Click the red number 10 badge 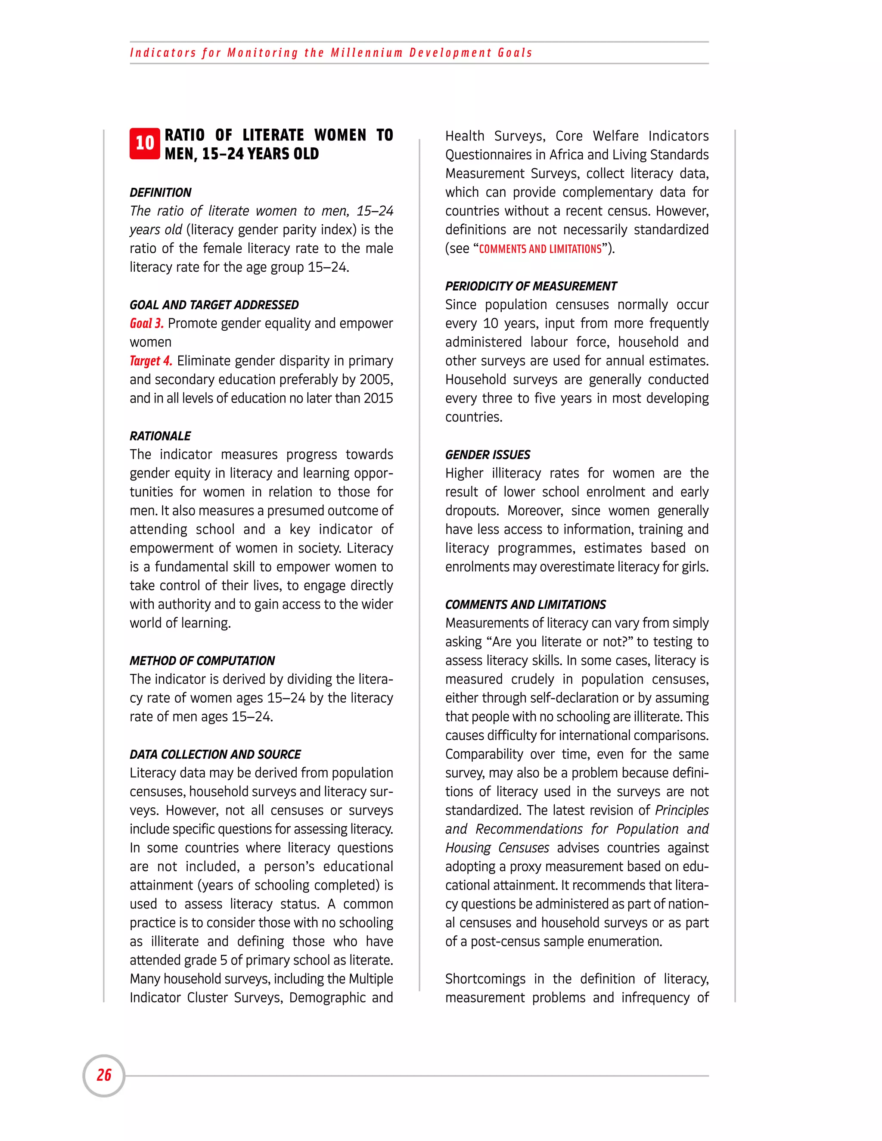[145, 143]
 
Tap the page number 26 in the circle [104, 1075]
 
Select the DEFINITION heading [160, 192]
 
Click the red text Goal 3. [146, 323]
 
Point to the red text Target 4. [150, 361]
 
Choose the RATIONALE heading [160, 436]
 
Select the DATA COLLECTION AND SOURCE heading [215, 754]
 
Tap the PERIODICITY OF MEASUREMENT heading [530, 286]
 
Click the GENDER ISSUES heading [488, 455]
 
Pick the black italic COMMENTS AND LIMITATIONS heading [525, 605]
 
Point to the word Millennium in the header [366, 53]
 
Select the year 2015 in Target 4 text [378, 399]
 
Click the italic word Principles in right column [681, 810]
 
